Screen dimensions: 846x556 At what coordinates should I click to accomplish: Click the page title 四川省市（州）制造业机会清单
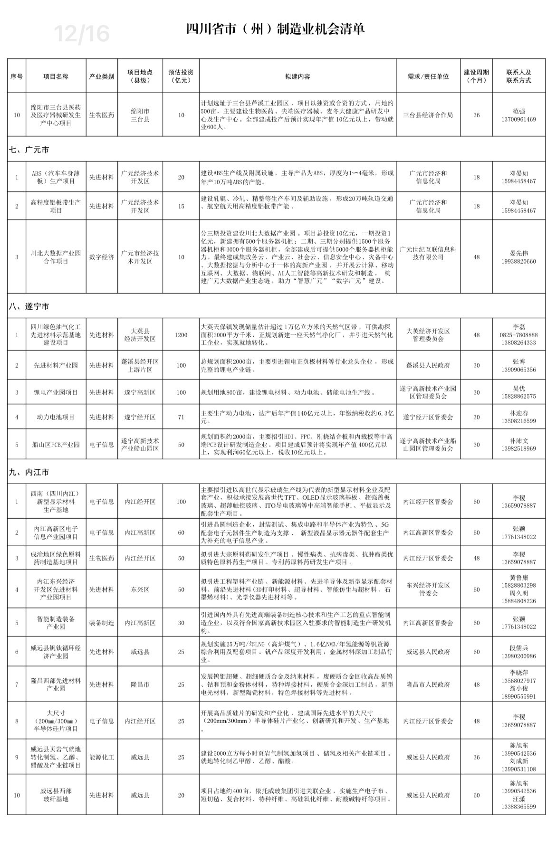point(275,29)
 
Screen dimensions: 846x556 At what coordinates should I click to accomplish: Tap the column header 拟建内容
point(297,76)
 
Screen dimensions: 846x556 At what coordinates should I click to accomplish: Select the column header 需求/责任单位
point(428,76)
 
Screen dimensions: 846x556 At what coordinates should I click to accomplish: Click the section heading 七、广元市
point(29,150)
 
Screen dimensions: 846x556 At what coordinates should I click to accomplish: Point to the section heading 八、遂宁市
point(29,307)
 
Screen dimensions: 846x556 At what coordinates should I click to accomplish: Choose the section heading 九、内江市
point(29,473)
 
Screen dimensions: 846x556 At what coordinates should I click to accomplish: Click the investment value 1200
point(181,335)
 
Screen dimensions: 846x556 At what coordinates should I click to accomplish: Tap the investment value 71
point(181,417)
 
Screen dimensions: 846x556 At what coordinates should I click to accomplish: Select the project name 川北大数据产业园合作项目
point(56,257)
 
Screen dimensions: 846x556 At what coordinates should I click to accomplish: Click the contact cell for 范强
point(518,115)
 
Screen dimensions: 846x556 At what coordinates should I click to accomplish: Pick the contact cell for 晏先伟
point(518,257)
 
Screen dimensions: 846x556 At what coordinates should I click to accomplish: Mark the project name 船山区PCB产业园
point(56,445)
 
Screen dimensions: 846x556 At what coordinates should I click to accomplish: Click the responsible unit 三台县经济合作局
point(428,115)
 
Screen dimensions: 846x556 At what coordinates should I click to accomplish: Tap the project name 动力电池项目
point(56,417)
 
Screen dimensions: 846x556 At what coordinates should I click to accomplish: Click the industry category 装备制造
point(102,623)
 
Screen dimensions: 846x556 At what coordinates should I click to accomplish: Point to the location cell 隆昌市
point(140,684)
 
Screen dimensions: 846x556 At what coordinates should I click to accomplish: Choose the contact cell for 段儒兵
point(518,652)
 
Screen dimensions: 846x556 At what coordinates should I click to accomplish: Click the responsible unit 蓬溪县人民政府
point(428,365)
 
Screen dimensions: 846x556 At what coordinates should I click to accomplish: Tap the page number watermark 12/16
point(82,34)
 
